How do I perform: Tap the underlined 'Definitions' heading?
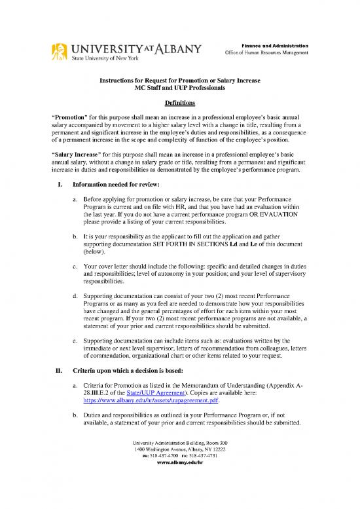click(179, 104)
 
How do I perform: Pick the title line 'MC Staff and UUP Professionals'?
click(179, 87)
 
